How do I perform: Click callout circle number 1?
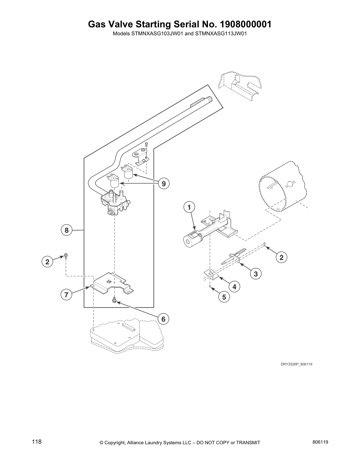189,207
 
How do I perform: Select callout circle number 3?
256,274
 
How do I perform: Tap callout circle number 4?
234,286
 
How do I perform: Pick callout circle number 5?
224,297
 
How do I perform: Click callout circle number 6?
164,319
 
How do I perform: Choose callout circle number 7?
66,295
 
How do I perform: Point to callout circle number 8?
67,230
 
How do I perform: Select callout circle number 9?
164,184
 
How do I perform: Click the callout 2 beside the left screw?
47,261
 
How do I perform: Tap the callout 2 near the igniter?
281,257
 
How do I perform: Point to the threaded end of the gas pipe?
209,100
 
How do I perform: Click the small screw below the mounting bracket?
114,300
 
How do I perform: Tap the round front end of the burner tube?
188,241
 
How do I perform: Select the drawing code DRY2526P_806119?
296,364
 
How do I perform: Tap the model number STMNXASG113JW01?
220,34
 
